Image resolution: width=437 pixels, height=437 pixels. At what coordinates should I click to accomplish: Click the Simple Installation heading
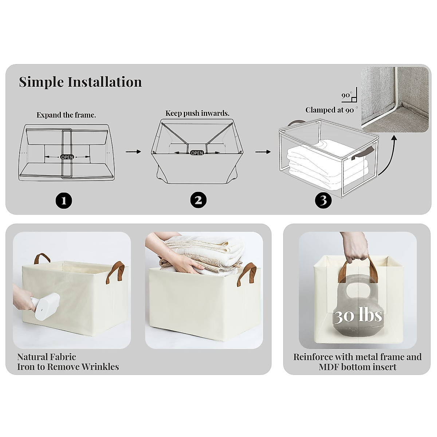pos(80,82)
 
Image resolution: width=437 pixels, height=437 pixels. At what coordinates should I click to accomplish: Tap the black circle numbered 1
pos(64,200)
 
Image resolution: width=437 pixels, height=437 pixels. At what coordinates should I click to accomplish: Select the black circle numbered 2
pos(198,200)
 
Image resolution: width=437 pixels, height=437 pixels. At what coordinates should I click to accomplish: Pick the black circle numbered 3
pos(323,200)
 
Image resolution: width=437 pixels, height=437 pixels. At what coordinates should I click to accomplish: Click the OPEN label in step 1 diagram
pos(67,157)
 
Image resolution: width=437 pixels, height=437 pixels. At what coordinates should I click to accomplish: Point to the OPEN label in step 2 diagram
pos(197,153)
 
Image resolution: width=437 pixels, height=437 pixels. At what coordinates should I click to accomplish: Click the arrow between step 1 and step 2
pos(133,151)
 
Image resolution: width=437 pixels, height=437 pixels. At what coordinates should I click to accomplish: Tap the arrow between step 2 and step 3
pos(263,151)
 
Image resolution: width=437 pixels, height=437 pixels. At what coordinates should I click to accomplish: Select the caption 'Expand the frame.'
pos(66,115)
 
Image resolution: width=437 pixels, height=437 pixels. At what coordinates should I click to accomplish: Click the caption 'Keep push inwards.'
pos(197,113)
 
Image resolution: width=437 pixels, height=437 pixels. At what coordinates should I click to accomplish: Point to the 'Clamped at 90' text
pos(330,110)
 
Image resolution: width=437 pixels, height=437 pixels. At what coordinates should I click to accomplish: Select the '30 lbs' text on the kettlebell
pos(358,316)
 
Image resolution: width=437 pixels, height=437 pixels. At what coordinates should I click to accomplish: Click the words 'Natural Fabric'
pos(47,357)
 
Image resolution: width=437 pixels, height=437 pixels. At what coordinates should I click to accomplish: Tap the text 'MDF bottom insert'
pos(357,367)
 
